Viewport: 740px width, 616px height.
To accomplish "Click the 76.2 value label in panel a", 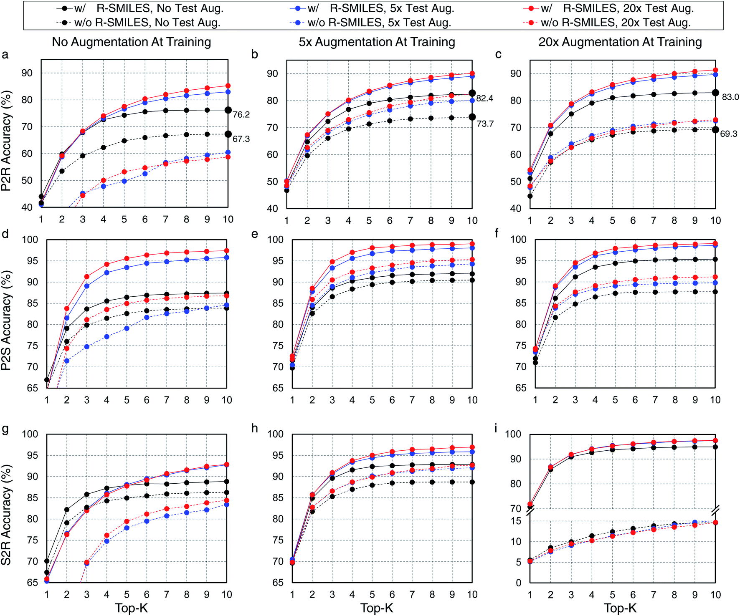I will pos(241,115).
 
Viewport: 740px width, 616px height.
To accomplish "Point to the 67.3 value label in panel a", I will pos(241,139).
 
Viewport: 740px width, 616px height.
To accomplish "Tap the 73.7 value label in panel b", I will pos(485,124).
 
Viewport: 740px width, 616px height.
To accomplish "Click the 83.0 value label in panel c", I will pos(730,97).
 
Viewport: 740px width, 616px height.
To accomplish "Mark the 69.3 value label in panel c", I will pos(728,134).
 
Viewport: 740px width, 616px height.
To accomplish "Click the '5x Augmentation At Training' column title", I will pos(377,42).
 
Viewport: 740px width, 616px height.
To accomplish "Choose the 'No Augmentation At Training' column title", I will pos(131,42).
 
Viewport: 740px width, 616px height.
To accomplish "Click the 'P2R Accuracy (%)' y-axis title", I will pos(6,141).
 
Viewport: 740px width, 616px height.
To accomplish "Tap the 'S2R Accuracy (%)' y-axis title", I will pos(6,515).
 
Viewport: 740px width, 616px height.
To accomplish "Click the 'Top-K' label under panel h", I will pos(377,608).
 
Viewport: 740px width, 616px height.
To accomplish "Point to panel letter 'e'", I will pos(255,234).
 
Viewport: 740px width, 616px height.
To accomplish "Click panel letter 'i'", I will pos(496,429).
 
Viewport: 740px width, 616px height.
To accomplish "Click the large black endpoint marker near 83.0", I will pos(715,93).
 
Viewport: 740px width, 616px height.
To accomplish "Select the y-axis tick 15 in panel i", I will pos(516,521).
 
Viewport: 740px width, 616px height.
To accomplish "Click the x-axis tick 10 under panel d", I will pos(226,400).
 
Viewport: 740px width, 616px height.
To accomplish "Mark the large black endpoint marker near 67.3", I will pos(228,134).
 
